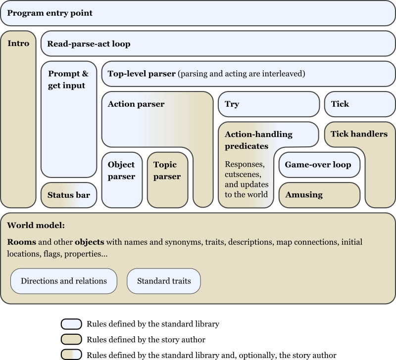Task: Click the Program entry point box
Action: pyautogui.click(x=198, y=13)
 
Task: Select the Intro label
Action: pyautogui.click(x=18, y=44)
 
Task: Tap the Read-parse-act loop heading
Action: pyautogui.click(x=89, y=44)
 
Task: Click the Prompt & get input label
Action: pyautogui.click(x=68, y=80)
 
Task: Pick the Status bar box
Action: pyautogui.click(x=69, y=195)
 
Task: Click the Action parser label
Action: pyautogui.click(x=136, y=104)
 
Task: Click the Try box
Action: pyautogui.click(x=269, y=104)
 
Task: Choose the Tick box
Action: pyautogui.click(x=360, y=104)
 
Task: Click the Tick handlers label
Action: pyautogui.click(x=359, y=134)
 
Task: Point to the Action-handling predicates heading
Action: pyautogui.click(x=258, y=140)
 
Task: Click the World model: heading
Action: pyautogui.click(x=36, y=225)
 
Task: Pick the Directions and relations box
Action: pyautogui.click(x=64, y=281)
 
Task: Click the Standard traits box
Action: pyautogui.click(x=163, y=281)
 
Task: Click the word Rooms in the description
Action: pyautogui.click(x=21, y=242)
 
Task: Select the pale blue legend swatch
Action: pyautogui.click(x=71, y=324)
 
